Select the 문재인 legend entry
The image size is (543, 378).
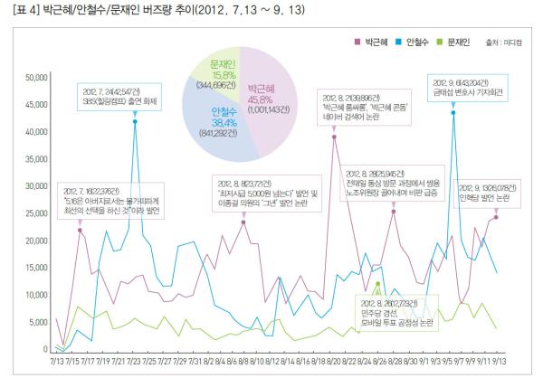click(462, 42)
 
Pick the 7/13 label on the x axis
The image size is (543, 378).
click(56, 362)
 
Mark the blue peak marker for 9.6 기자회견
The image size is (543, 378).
click(452, 112)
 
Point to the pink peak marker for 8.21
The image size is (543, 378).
click(334, 136)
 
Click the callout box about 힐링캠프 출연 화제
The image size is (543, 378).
click(114, 97)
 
